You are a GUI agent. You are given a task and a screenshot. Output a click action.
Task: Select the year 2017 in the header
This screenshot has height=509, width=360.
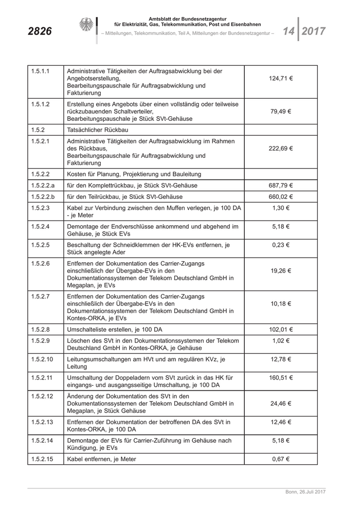tap(314, 31)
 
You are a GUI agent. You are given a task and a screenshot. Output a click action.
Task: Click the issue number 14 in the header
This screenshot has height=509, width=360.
tap(288, 31)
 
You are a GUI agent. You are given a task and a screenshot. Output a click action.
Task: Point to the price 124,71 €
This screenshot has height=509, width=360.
tap(281, 79)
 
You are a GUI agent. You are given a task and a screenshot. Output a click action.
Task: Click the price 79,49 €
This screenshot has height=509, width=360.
tap(281, 111)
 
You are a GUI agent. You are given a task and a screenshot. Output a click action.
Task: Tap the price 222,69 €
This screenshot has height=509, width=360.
tap(281, 149)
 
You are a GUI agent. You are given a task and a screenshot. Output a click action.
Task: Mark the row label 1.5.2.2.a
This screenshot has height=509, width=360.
tap(43, 185)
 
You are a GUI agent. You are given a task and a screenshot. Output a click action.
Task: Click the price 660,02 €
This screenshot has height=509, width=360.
tap(281, 196)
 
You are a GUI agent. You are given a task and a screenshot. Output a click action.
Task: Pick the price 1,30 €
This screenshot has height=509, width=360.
tap(281, 208)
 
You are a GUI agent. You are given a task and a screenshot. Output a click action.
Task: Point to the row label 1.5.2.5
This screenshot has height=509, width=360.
tap(40, 245)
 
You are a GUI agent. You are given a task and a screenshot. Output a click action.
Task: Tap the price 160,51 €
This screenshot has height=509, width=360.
tap(281, 377)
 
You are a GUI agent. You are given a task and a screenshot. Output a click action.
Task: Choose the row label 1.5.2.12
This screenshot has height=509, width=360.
tap(42, 396)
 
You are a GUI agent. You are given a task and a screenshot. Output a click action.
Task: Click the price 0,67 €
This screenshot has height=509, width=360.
tap(281, 459)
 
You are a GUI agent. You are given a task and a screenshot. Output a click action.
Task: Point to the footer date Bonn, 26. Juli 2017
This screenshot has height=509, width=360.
tap(306, 493)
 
